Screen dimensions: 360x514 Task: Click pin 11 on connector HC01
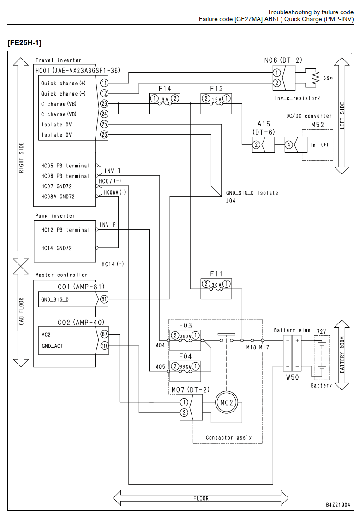point(104,83)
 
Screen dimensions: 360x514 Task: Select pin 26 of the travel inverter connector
point(104,134)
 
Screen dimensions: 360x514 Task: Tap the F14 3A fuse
point(165,104)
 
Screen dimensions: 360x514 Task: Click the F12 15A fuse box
point(216,104)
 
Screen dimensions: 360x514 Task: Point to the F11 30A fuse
point(216,289)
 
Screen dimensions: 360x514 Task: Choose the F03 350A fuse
point(185,340)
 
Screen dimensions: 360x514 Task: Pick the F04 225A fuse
point(185,371)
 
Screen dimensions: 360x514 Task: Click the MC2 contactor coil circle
point(227,402)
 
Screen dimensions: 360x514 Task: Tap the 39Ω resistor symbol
point(315,78)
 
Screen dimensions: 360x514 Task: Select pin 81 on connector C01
point(104,299)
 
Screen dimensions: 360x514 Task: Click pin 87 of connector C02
point(104,335)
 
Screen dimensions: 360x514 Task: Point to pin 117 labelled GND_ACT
point(104,346)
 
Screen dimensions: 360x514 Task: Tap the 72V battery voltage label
point(322,332)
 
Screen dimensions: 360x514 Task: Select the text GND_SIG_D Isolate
point(252,193)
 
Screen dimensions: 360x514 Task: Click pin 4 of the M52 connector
point(288,144)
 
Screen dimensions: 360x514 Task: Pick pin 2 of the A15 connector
point(256,144)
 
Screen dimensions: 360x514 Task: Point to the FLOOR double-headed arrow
point(201,498)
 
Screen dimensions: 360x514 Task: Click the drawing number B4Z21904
point(338,505)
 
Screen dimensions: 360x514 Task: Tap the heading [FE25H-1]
point(24,42)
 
